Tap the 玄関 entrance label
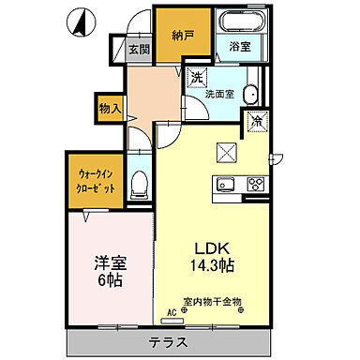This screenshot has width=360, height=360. [140, 50]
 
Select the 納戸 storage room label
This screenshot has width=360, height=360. [183, 36]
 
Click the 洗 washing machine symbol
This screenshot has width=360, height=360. [198, 77]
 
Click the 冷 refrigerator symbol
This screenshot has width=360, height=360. [256, 120]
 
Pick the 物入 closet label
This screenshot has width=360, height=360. [109, 109]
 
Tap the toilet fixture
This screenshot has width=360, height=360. [140, 183]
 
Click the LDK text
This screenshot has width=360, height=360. [213, 247]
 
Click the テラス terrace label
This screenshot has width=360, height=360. [172, 341]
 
